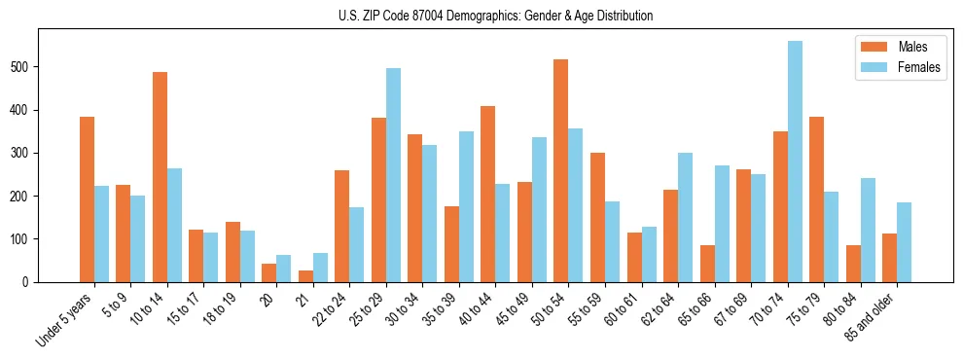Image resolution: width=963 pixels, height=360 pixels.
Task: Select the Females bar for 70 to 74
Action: (x=795, y=162)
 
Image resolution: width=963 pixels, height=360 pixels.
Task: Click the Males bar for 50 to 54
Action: (x=561, y=171)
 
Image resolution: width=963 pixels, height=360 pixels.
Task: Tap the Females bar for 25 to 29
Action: (x=393, y=175)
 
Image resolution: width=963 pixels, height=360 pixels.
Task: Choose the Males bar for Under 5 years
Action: (x=87, y=199)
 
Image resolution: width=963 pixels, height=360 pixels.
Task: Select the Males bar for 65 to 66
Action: (x=707, y=264)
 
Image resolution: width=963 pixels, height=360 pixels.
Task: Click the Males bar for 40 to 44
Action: (x=488, y=195)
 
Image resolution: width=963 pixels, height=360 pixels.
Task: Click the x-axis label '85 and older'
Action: (x=873, y=317)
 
